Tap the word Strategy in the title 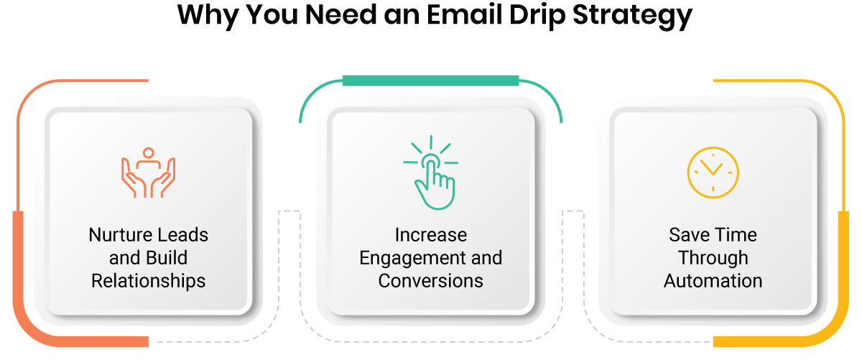tap(632, 17)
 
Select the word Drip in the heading tap(537, 17)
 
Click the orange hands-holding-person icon tap(149, 172)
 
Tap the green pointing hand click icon tap(431, 172)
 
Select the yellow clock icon tap(713, 172)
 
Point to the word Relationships tap(149, 281)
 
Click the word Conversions tap(430, 281)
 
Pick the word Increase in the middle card tap(431, 235)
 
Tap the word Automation tap(713, 281)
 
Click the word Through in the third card tap(713, 258)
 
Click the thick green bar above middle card tap(430, 80)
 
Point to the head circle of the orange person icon tap(148, 153)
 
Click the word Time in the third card tap(736, 235)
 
